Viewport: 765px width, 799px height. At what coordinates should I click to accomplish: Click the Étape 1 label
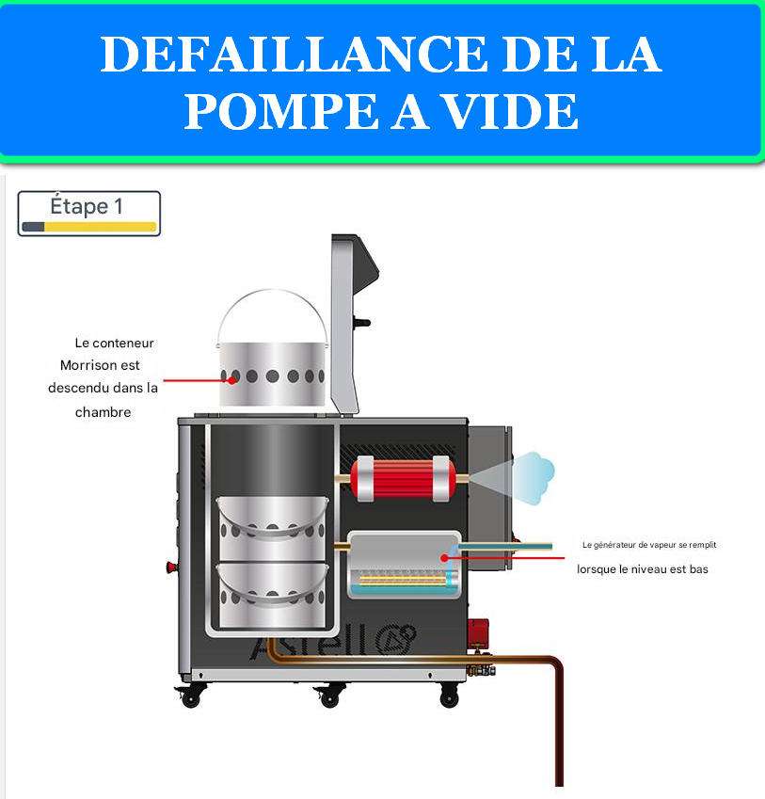pyautogui.click(x=87, y=205)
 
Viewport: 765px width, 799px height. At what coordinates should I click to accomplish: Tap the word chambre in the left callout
pyautogui.click(x=103, y=411)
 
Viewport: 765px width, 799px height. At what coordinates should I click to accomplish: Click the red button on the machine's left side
pyautogui.click(x=171, y=567)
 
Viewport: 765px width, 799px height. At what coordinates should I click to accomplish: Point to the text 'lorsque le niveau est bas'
pyautogui.click(x=642, y=569)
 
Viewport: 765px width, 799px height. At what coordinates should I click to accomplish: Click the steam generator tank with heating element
pyautogui.click(x=404, y=566)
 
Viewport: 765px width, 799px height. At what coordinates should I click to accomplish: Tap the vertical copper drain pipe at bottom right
pyautogui.click(x=558, y=725)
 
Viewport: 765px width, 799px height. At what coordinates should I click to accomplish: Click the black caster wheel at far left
pyautogui.click(x=189, y=697)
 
